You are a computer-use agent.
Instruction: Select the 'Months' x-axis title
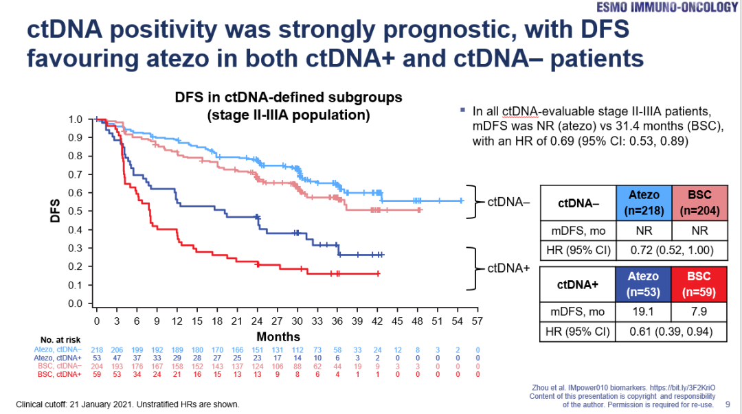tap(278, 336)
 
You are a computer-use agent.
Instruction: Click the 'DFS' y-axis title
tap(56, 211)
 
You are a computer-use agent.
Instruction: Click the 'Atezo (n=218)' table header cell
tap(644, 203)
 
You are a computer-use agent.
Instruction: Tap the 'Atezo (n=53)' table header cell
tap(644, 284)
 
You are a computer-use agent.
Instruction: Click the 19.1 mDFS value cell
tap(644, 312)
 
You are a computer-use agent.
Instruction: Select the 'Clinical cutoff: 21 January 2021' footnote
tap(128, 404)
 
